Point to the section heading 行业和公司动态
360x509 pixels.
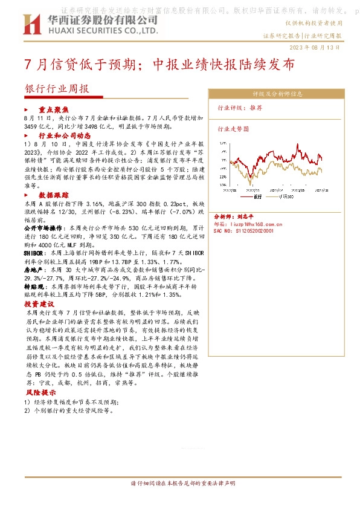pos(67,137)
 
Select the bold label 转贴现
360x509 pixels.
pos(34,287)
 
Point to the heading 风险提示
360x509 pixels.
pos(39,392)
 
